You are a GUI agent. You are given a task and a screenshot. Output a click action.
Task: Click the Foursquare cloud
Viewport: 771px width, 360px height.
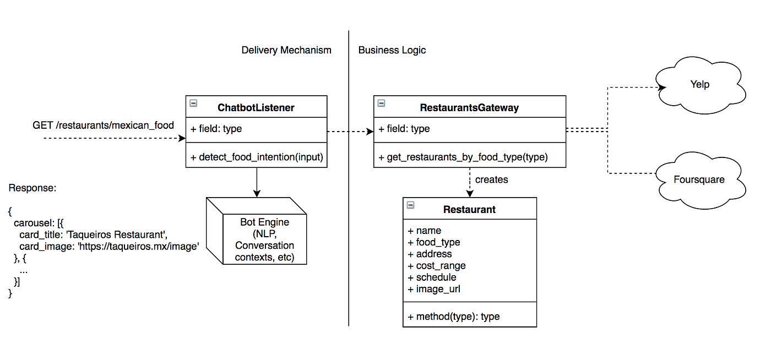click(x=699, y=180)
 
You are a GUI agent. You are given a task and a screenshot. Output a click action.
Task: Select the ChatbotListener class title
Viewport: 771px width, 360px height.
click(x=256, y=108)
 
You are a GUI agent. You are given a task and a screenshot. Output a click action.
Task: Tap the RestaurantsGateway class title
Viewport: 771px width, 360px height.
click(x=469, y=108)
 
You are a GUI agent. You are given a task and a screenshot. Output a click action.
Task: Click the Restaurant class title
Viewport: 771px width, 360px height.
click(x=469, y=210)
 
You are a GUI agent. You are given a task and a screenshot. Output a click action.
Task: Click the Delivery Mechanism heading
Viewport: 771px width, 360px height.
click(x=286, y=50)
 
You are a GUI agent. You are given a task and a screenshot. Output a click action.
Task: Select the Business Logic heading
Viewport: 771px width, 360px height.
click(x=392, y=50)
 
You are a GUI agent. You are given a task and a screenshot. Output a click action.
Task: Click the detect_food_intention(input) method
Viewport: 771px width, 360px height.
click(x=257, y=157)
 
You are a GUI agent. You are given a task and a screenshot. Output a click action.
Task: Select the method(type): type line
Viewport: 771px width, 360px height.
click(x=453, y=317)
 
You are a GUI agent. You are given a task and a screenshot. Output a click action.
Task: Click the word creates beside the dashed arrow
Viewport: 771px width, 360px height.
click(x=491, y=180)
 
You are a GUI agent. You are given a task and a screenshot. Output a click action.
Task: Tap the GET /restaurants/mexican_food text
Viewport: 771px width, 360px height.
click(x=103, y=126)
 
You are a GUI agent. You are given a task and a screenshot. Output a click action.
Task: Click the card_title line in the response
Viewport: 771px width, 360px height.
click(x=93, y=235)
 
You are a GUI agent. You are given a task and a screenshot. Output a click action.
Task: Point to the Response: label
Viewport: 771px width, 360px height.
click(x=32, y=188)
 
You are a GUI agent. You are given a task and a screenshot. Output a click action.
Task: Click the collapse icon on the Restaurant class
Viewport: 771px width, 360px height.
click(x=410, y=205)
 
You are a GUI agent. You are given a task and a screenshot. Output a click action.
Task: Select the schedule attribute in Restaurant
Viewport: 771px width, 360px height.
click(x=432, y=277)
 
